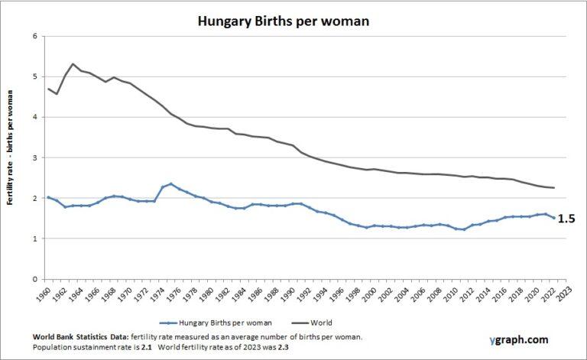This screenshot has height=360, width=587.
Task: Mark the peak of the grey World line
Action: coord(73,64)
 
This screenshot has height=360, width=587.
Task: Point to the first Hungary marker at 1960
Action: coord(48,197)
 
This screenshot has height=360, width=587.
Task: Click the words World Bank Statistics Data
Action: coord(80,337)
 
